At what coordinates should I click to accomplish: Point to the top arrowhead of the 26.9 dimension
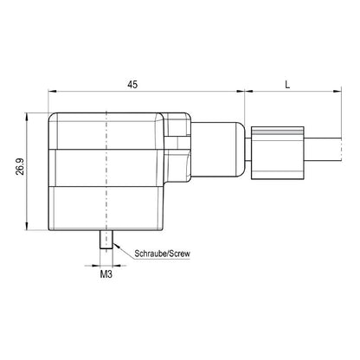click(x=31, y=115)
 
